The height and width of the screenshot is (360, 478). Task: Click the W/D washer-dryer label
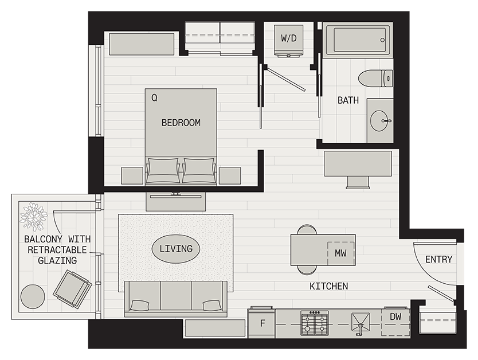(288, 38)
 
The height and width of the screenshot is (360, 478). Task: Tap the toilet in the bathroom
(375, 79)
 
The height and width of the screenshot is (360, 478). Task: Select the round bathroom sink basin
(379, 121)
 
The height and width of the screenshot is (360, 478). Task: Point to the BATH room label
(348, 100)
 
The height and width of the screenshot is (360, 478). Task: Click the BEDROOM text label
(181, 123)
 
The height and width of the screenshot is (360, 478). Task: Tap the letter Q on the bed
(154, 98)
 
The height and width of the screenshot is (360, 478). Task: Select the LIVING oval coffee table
(176, 249)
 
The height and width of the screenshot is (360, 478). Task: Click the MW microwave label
(340, 253)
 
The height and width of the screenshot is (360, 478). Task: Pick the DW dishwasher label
(395, 316)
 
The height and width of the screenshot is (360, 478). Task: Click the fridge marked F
(262, 323)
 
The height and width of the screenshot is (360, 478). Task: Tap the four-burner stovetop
(315, 323)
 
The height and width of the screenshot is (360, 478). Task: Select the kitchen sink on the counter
(361, 323)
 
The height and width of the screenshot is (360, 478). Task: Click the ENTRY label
(438, 260)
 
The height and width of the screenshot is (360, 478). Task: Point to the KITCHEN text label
(328, 286)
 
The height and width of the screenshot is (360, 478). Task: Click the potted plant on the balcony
(34, 217)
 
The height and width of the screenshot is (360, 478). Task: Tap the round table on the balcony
(33, 296)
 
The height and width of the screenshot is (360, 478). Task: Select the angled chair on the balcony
(73, 289)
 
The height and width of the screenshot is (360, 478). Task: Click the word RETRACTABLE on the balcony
(57, 250)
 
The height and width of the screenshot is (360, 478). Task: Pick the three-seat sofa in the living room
(176, 299)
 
